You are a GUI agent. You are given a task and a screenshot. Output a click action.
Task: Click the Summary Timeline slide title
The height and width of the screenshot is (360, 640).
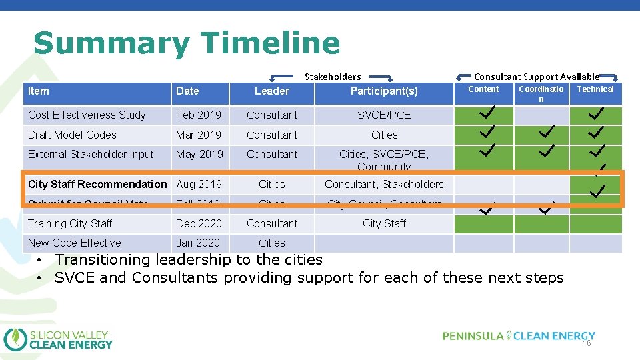(x=187, y=43)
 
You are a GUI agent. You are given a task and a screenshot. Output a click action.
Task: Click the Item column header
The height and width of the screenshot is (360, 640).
(x=39, y=91)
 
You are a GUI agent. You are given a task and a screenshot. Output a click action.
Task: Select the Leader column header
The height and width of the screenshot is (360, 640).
(x=272, y=91)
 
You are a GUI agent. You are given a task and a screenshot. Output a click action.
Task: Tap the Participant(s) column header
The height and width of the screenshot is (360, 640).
(x=384, y=91)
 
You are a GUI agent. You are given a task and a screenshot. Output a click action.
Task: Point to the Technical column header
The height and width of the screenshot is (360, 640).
(x=595, y=89)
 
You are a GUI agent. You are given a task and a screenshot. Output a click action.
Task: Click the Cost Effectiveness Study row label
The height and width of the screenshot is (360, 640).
(x=87, y=115)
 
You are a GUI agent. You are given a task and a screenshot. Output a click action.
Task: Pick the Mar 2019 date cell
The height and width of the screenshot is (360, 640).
(x=199, y=135)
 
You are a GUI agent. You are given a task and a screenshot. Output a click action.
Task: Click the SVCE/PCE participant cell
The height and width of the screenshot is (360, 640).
(x=384, y=115)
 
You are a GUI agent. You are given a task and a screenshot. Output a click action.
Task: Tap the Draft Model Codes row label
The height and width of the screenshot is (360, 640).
(x=72, y=135)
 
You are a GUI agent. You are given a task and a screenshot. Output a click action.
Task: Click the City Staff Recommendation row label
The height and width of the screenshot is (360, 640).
(x=97, y=184)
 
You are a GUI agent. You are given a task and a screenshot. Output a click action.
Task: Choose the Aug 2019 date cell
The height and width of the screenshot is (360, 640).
(x=199, y=184)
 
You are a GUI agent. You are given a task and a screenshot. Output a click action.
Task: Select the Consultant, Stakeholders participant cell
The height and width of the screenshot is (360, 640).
(x=384, y=184)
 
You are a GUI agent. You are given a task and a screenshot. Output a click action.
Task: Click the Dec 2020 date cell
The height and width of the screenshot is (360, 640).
(x=199, y=223)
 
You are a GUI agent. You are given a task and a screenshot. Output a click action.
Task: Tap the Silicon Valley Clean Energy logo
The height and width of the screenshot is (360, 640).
(x=59, y=339)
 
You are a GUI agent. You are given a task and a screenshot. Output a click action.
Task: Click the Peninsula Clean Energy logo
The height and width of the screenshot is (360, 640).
(x=519, y=336)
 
